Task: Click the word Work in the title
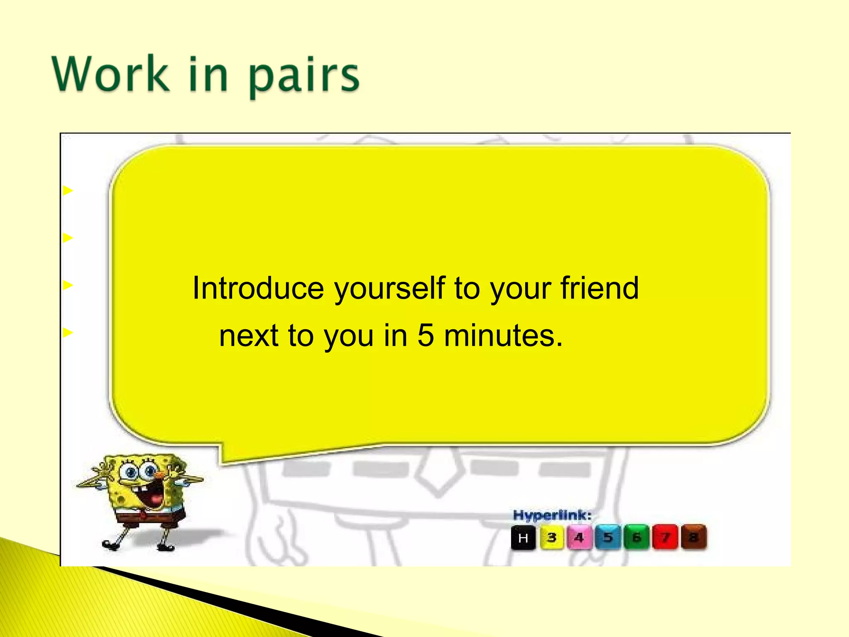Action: (x=111, y=74)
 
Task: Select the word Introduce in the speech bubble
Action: (x=258, y=288)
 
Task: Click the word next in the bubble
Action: (x=248, y=336)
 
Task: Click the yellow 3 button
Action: (x=552, y=537)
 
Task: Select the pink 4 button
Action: (x=579, y=537)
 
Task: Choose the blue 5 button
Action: (x=608, y=537)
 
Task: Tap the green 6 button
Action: (x=636, y=537)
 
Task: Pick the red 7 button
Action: (x=665, y=537)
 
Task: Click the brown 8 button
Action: (x=693, y=537)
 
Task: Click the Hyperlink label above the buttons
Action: (x=552, y=515)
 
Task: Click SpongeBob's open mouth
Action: (x=152, y=497)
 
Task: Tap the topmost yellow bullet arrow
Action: (x=68, y=191)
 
